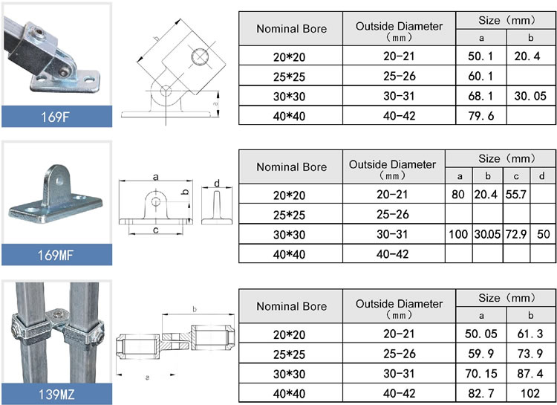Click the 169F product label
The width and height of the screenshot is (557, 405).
click(55, 116)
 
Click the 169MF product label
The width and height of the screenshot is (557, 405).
click(55, 257)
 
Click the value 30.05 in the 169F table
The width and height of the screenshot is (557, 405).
click(530, 96)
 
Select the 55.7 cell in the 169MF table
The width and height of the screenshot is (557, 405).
click(515, 195)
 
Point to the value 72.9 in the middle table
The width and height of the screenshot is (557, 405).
click(515, 234)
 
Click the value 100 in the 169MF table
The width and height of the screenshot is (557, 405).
click(458, 234)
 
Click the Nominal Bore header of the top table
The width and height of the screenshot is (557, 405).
click(291, 29)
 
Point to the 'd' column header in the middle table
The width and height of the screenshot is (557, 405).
click(543, 176)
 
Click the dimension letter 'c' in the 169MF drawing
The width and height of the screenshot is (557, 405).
click(155, 230)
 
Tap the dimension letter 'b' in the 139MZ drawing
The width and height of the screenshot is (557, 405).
click(194, 309)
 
